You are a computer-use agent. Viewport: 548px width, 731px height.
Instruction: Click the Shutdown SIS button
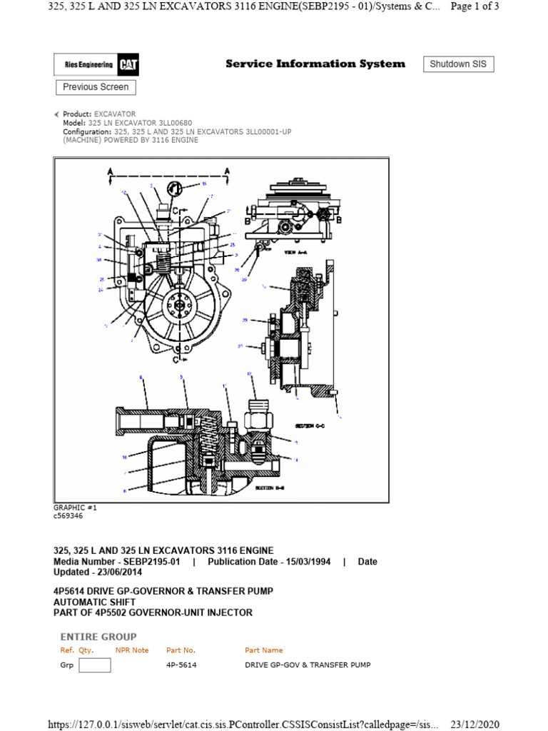click(458, 64)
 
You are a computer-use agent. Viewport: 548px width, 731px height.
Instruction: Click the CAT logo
click(129, 65)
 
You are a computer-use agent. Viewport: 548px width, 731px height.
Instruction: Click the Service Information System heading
click(315, 64)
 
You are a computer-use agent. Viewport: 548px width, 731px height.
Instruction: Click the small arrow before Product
click(57, 114)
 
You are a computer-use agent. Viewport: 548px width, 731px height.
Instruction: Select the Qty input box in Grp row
click(94, 665)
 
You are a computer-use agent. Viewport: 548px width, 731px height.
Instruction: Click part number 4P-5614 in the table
click(181, 665)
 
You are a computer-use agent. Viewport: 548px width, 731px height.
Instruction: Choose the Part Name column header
click(263, 650)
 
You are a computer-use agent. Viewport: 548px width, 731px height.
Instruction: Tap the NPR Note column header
click(132, 650)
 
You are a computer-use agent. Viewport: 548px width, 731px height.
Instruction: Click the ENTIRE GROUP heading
click(98, 637)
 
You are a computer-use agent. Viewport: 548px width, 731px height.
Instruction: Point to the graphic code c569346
click(68, 515)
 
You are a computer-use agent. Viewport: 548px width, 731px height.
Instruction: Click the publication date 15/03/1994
click(305, 562)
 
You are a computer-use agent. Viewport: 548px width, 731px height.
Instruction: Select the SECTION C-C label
click(310, 425)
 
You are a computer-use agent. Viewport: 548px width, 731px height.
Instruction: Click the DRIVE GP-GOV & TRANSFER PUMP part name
click(308, 665)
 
